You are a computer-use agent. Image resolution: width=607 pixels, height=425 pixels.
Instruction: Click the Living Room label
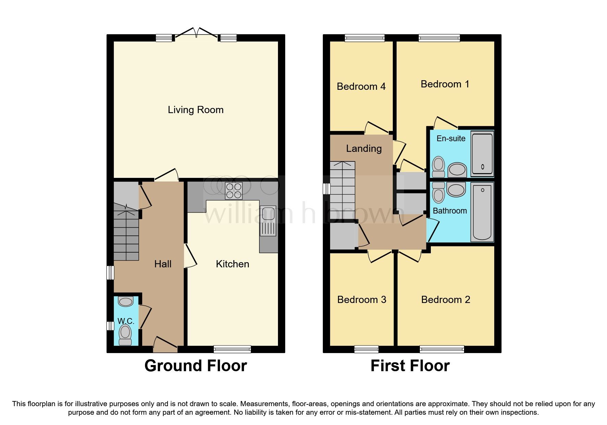coord(195,110)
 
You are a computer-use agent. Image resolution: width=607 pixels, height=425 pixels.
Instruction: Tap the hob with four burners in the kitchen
coord(234,191)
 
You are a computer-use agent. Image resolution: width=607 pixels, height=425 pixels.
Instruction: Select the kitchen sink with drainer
coord(268,221)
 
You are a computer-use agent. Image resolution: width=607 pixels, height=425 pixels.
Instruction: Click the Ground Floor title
coord(195,366)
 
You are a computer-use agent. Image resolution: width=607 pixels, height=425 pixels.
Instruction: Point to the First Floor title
coord(410,366)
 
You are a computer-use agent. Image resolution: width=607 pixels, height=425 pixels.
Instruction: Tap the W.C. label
coord(125,321)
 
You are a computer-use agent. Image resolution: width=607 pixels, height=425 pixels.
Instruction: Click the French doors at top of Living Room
coord(196,33)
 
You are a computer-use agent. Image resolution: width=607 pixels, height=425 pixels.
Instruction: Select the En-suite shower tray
coord(482,154)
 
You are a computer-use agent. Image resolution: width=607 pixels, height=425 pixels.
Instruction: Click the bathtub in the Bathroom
coord(482,212)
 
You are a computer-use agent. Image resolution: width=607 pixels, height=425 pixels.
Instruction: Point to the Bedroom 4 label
coord(361,86)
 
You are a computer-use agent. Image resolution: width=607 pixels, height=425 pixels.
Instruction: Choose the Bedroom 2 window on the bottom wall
coord(441,349)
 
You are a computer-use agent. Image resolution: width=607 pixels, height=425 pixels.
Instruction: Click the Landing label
coord(364,148)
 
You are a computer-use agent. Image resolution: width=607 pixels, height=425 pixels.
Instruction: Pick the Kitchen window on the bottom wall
coord(232,349)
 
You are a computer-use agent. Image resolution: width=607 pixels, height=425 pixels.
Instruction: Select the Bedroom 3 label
coord(362,300)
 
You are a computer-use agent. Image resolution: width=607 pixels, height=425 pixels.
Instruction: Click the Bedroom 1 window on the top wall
coord(439,38)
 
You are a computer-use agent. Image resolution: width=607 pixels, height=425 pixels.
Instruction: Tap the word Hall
coord(162,264)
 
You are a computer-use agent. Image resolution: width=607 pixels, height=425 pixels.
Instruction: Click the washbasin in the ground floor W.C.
coord(125,302)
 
